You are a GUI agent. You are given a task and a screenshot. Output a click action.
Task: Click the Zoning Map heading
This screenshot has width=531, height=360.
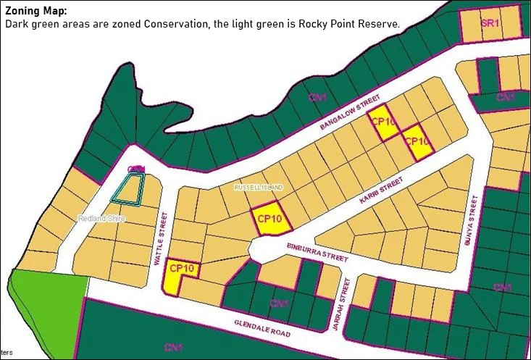[x=36, y=12]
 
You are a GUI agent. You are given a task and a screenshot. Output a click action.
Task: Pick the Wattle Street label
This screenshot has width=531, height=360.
[x=161, y=238]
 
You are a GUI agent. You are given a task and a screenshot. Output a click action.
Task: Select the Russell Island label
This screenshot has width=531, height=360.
[x=259, y=187]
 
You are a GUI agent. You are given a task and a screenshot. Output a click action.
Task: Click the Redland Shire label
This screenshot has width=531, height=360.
[x=101, y=218]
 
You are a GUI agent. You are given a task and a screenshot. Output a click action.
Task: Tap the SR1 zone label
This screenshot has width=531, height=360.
[x=490, y=23]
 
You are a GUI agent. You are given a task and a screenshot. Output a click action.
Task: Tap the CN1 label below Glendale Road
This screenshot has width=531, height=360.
[x=172, y=348]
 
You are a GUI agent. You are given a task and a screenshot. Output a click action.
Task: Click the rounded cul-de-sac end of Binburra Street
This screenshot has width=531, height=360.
[x=257, y=250]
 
